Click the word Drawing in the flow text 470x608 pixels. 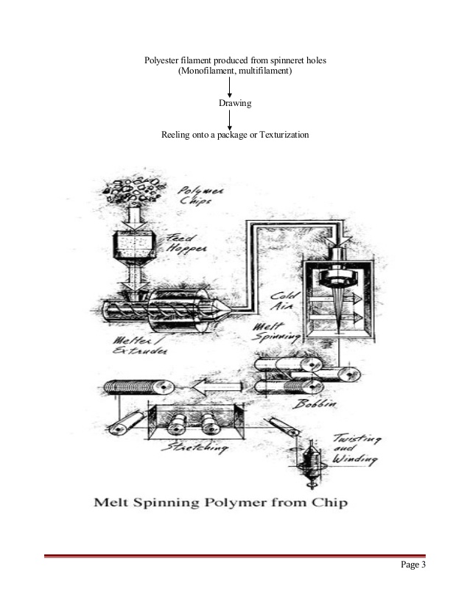point(235,104)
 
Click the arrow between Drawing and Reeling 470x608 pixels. point(231,120)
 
